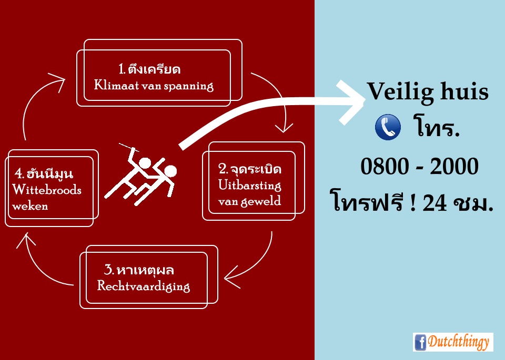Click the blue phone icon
tap(388, 127)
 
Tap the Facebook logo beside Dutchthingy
tap(420, 342)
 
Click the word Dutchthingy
tap(459, 342)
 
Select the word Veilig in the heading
tap(401, 92)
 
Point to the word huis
tap(464, 91)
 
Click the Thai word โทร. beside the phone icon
tap(436, 127)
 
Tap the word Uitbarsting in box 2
tap(249, 186)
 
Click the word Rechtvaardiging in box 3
tap(143, 286)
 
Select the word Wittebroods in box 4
tap(47, 190)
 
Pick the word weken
tap(30, 206)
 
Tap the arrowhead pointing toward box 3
tap(232, 277)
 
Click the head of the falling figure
tap(170, 171)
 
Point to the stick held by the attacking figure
tap(129, 147)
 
